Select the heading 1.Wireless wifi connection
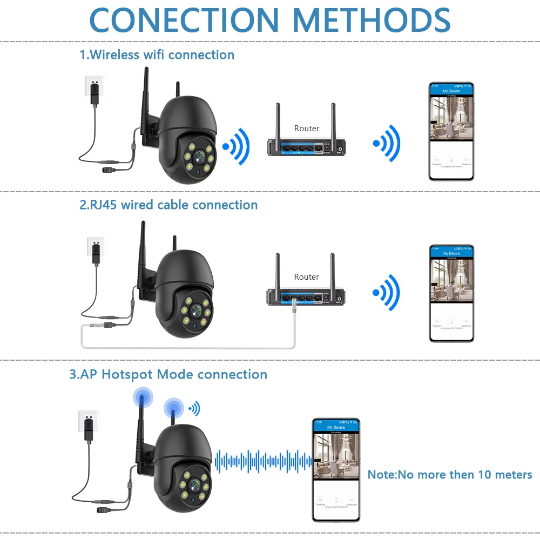click(157, 55)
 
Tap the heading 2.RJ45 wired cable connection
click(168, 205)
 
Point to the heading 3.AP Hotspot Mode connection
click(168, 374)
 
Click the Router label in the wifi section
click(306, 129)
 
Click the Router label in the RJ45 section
click(306, 277)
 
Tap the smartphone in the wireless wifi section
click(451, 131)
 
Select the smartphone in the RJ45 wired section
click(451, 293)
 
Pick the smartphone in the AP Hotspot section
click(335, 469)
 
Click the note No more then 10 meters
click(450, 475)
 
